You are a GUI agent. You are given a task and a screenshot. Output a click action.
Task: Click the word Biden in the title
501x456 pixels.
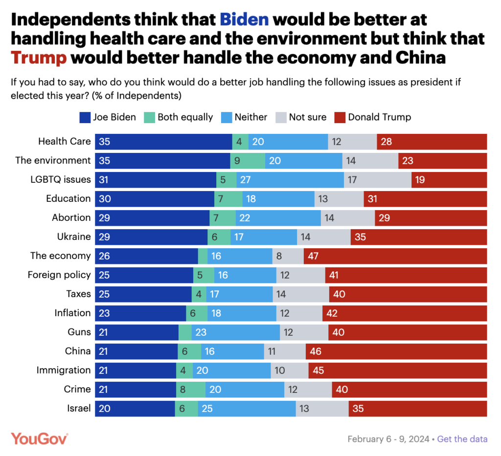point(244,20)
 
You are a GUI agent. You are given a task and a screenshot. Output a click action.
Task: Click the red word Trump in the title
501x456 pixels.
point(39,58)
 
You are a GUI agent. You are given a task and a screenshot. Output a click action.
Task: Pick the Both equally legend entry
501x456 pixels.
point(179,117)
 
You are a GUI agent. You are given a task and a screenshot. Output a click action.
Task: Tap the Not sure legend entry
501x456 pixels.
point(302,117)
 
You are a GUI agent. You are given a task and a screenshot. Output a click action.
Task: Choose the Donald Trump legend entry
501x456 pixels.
point(373,117)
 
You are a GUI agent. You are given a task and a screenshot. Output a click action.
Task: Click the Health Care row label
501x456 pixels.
point(65,141)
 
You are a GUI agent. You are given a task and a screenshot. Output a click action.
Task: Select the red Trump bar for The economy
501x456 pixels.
point(395,256)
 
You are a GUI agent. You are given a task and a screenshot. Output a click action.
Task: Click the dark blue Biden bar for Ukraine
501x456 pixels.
point(151,237)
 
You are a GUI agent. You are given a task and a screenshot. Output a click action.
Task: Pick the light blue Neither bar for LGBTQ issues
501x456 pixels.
point(290,179)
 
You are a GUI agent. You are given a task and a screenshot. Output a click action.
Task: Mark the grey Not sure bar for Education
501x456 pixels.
point(339,198)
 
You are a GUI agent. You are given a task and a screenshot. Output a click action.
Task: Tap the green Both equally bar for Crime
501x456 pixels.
point(191,389)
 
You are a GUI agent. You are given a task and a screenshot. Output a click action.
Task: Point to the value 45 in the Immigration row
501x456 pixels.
point(318,370)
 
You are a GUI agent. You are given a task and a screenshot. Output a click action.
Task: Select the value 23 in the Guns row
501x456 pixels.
point(202,332)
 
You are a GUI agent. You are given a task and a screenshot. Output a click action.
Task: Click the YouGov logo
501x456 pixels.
point(39,438)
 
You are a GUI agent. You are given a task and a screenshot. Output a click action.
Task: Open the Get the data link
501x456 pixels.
point(462,439)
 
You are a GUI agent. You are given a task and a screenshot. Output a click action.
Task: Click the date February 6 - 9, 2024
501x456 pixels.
point(389,439)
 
